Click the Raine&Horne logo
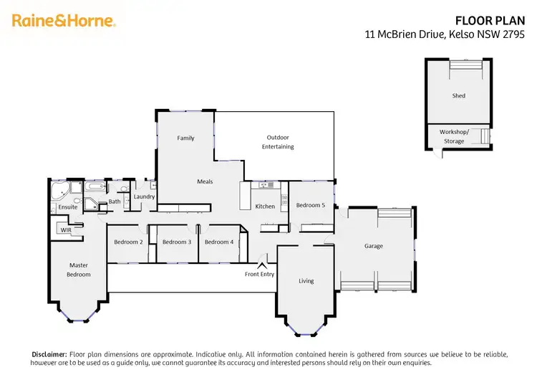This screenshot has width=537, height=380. pyautogui.click(x=64, y=20)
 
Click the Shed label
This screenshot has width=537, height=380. pyautogui.click(x=458, y=95)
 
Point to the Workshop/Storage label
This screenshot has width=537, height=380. pyautogui.click(x=454, y=136)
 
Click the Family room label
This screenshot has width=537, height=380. pyautogui.click(x=185, y=138)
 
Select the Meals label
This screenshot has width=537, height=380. pyautogui.click(x=205, y=181)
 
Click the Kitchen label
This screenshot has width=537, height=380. pyautogui.click(x=265, y=206)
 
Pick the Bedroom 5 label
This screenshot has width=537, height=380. pyautogui.click(x=310, y=205)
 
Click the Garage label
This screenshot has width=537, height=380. pyautogui.click(x=373, y=246)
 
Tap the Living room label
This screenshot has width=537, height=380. pyautogui.click(x=306, y=281)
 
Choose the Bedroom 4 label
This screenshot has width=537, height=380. pyautogui.click(x=218, y=242)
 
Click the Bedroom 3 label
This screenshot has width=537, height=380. pyautogui.click(x=176, y=242)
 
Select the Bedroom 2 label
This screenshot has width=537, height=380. pyautogui.click(x=128, y=242)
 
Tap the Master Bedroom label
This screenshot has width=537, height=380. pyautogui.click(x=79, y=270)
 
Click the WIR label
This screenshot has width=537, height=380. pyautogui.click(x=66, y=230)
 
